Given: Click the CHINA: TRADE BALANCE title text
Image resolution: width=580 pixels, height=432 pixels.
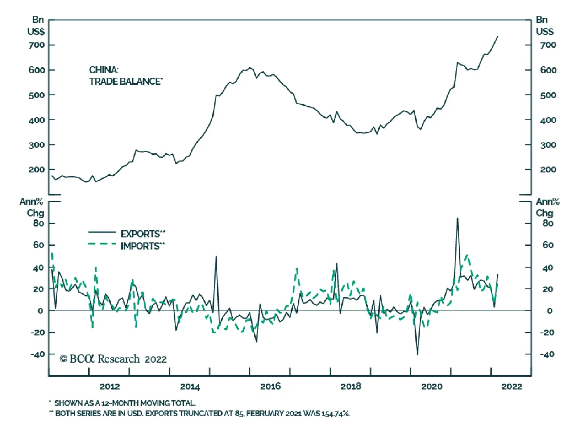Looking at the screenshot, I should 125,75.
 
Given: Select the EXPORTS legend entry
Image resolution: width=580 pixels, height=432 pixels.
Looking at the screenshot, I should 142,234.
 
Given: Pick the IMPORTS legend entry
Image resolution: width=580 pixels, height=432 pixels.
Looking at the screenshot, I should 142,246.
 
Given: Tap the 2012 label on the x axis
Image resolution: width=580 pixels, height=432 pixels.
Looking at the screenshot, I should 109,387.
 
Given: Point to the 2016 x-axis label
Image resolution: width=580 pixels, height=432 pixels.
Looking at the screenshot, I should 270,387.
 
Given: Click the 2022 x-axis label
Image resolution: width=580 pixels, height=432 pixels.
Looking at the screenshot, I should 511,387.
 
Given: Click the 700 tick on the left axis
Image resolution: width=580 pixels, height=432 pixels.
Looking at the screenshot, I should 37,45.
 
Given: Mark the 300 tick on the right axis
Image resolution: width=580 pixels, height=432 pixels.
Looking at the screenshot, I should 548,145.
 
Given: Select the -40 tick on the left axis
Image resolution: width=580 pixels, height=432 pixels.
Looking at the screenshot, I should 38,354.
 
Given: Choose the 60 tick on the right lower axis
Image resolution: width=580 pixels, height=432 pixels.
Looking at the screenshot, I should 548,245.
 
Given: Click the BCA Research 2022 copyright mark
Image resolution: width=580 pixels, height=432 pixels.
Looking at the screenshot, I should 113,359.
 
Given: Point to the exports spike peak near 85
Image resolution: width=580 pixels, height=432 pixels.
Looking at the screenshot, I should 457,218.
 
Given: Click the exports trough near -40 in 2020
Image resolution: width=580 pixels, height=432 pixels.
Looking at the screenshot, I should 417,354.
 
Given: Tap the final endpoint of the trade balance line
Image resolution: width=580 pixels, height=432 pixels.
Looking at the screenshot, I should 497,37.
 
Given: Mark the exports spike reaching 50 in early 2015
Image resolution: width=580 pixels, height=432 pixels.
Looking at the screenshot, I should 216,256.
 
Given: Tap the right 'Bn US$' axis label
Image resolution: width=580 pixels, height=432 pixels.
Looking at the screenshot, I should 544,25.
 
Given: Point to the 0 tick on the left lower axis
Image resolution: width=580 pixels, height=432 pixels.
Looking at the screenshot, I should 40,311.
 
